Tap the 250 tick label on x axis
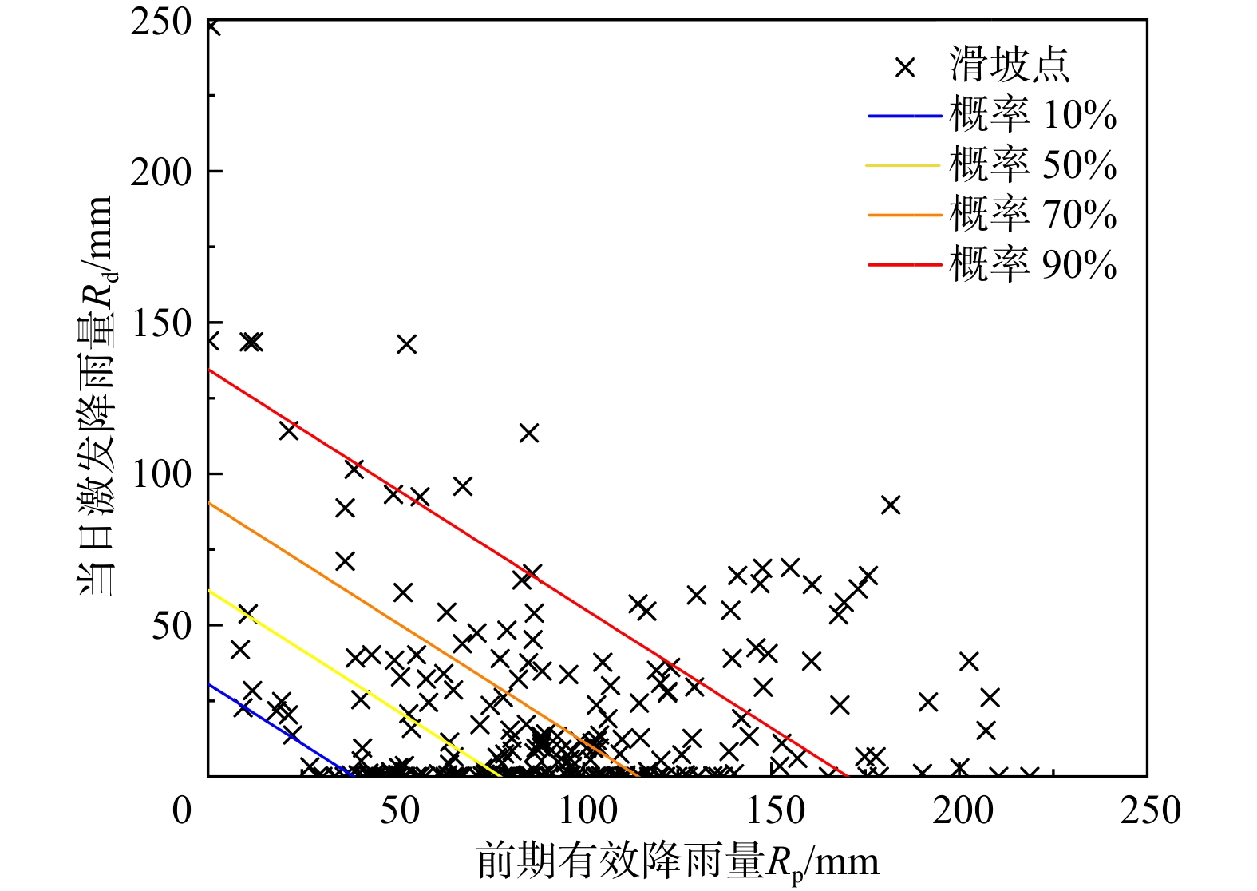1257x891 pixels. click(1150, 811)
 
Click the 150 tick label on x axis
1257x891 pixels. click(776, 811)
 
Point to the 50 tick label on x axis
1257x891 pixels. click(399, 811)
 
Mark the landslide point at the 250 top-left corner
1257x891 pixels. click(211, 26)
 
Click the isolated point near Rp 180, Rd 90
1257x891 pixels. click(891, 505)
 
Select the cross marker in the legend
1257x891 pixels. click(905, 67)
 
